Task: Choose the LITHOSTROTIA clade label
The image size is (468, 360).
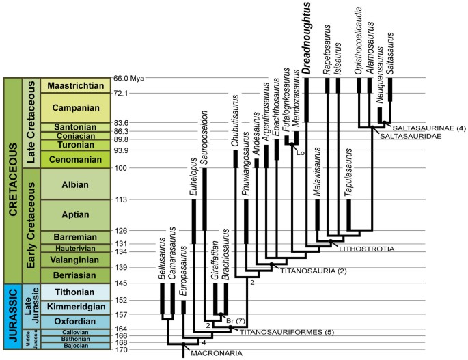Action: click(366, 249)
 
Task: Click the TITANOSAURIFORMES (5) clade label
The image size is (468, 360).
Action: click(276, 331)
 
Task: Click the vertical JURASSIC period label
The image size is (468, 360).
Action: click(12, 318)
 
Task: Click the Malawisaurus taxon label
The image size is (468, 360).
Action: click(318, 178)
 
